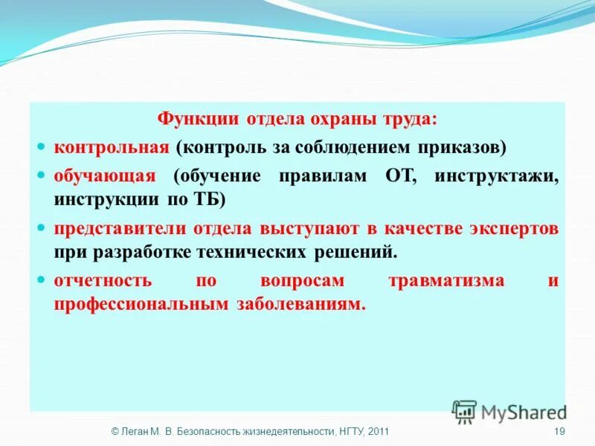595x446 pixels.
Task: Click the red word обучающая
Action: [x=104, y=176]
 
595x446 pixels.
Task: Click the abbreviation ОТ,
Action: [x=402, y=176]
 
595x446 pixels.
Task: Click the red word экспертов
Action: [x=513, y=228]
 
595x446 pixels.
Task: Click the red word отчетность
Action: [x=103, y=281]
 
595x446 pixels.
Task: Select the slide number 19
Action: [x=560, y=432]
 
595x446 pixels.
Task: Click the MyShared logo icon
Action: [x=465, y=412]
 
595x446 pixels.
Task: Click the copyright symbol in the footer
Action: [x=115, y=432]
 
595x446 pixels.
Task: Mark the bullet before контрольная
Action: [x=42, y=147]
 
